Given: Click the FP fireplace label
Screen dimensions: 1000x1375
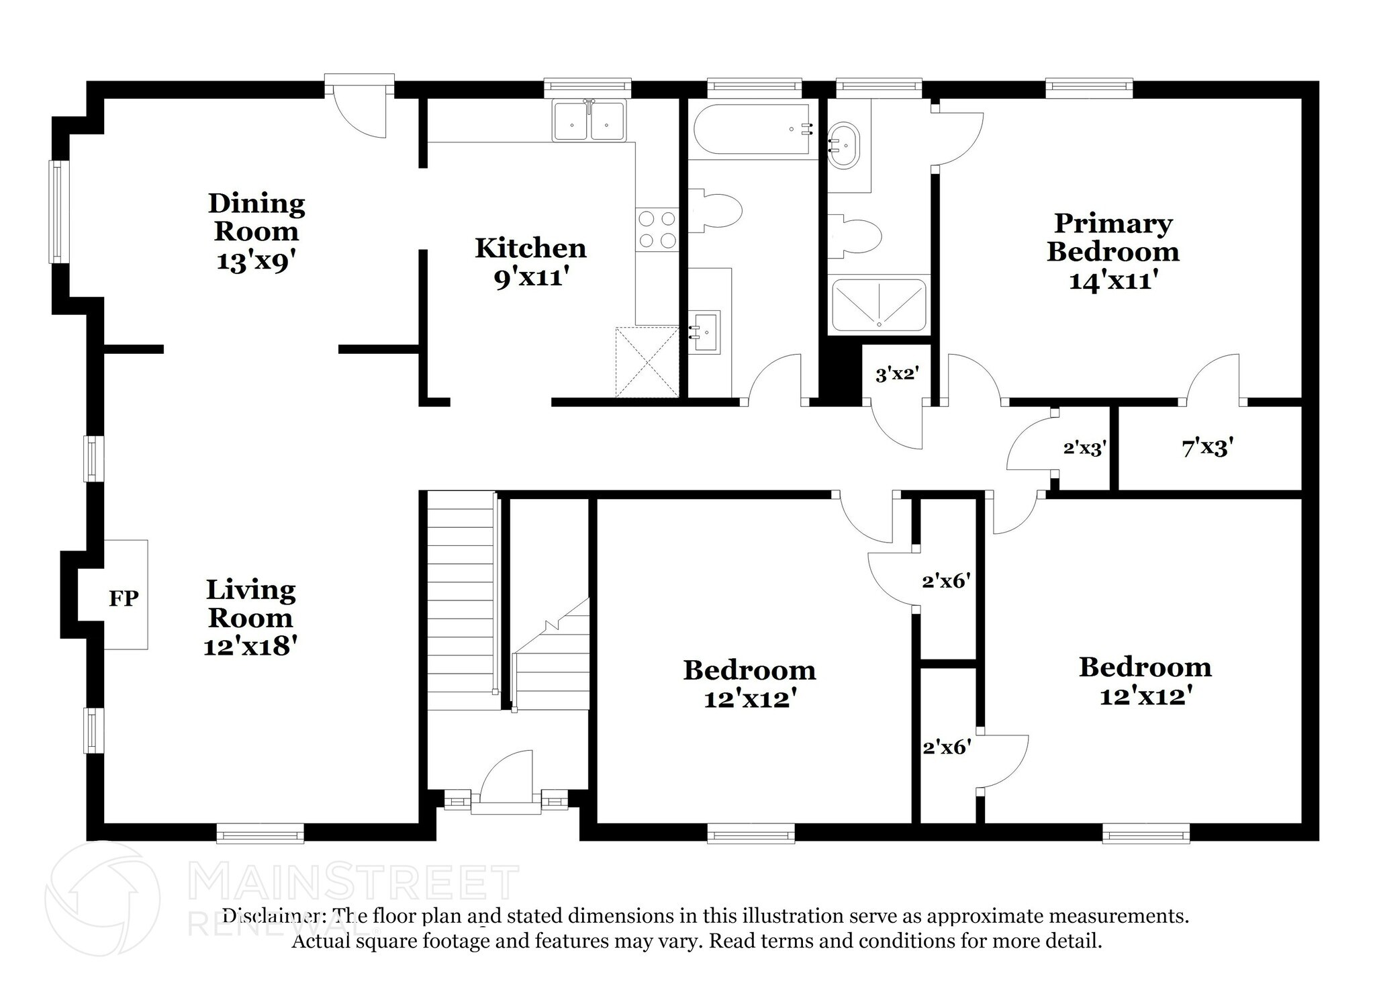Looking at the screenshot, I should (124, 597).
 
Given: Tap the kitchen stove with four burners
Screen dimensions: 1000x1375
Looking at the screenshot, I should (657, 229).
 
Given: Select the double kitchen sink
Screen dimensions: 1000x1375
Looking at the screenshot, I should (589, 122).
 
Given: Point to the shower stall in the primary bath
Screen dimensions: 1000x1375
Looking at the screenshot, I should (878, 306).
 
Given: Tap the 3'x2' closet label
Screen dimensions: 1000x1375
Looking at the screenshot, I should (896, 374).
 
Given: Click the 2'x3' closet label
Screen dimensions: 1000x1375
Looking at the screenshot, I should (1084, 448).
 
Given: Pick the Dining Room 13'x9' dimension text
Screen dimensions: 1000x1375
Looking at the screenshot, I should (256, 261).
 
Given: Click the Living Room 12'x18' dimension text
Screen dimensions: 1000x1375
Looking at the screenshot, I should (250, 646).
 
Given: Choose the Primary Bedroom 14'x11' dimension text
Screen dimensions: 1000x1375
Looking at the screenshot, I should (1112, 279).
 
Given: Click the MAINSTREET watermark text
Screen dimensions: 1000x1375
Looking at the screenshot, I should (354, 882).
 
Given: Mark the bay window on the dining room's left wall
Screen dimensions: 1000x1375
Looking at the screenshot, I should (58, 211).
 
